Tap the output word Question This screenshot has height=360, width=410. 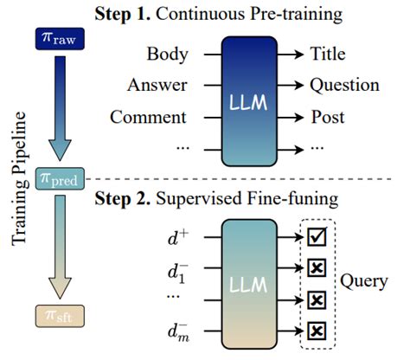(344, 85)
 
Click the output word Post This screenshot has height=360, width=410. (328, 116)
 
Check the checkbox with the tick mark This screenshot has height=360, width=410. (317, 235)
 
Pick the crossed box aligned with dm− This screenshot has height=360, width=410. (317, 331)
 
